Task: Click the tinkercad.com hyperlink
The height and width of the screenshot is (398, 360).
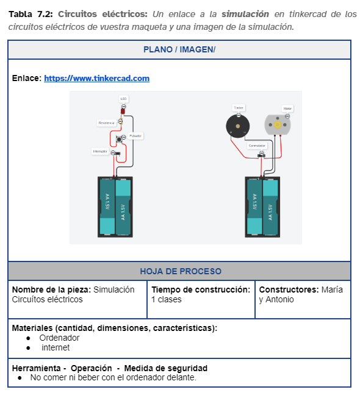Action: click(x=96, y=79)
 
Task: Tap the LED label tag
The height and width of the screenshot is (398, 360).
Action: click(x=124, y=98)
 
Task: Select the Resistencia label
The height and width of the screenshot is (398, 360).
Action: click(x=106, y=123)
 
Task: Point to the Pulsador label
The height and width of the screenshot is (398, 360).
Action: click(x=135, y=136)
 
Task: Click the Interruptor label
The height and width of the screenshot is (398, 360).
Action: click(x=100, y=151)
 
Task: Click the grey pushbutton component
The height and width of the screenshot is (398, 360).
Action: click(x=119, y=140)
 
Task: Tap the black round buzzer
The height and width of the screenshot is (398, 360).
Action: click(x=237, y=126)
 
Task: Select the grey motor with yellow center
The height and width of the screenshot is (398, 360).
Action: click(x=278, y=124)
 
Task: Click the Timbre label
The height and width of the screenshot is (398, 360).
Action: click(x=239, y=107)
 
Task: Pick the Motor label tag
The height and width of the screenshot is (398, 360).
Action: click(x=287, y=108)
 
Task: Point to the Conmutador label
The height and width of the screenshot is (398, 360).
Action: click(x=257, y=146)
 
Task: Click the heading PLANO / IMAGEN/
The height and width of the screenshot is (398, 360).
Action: click(x=179, y=50)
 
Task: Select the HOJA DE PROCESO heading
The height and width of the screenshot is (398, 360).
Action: click(x=179, y=271)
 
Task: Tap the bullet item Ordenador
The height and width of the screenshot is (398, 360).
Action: click(x=59, y=338)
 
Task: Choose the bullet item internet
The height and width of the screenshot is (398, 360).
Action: click(x=56, y=347)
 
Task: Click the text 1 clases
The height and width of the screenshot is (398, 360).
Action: click(x=167, y=299)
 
